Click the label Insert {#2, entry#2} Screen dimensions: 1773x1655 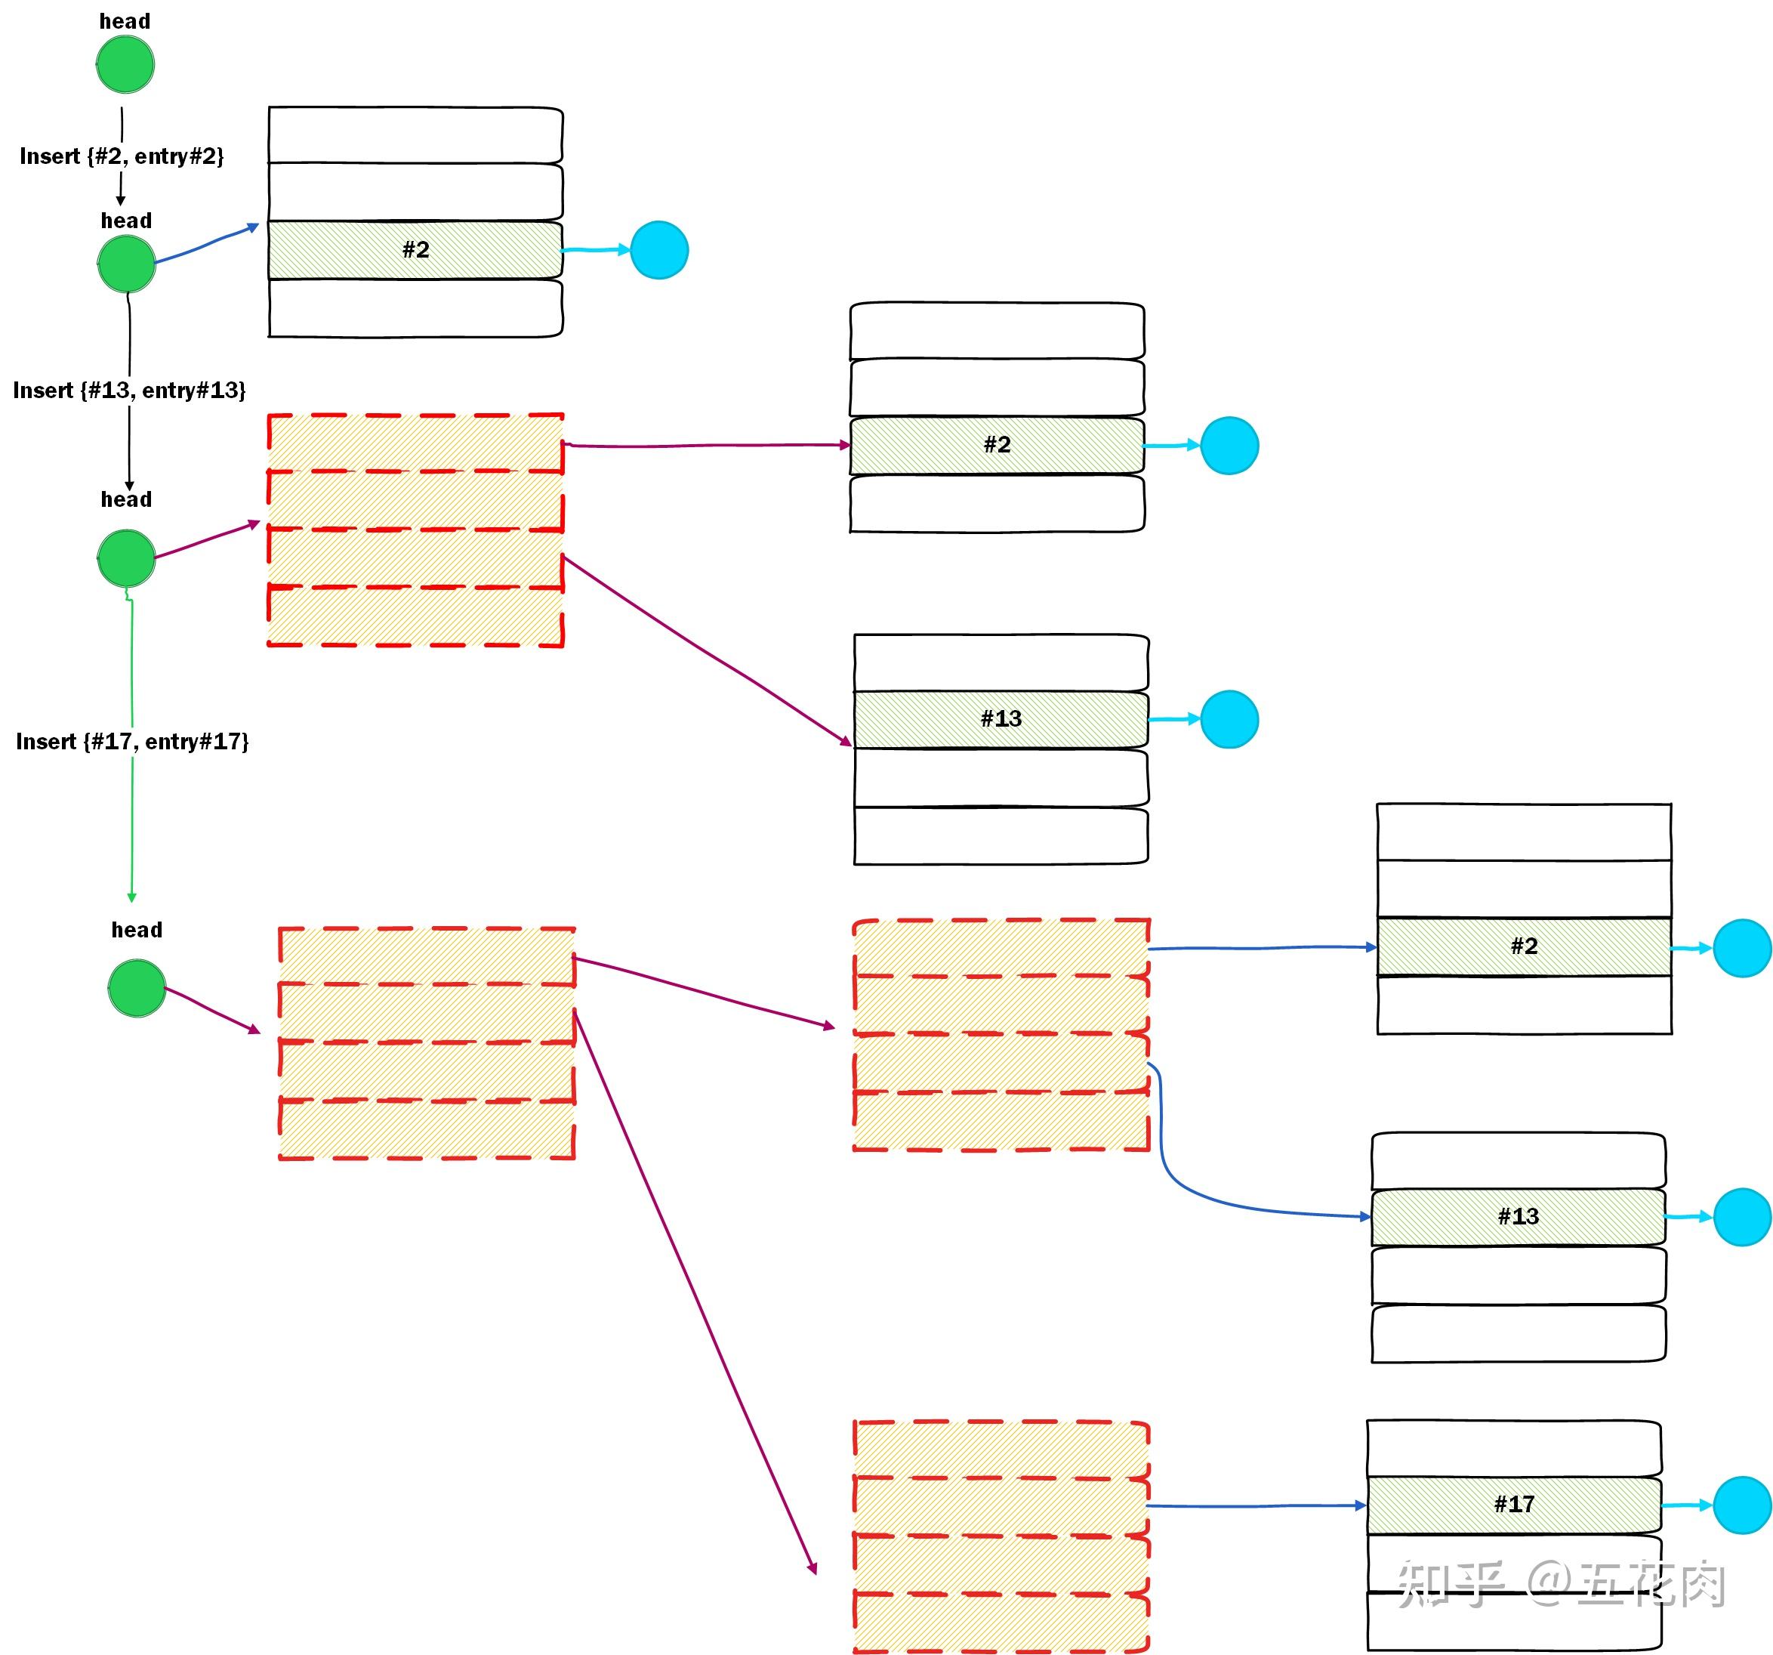click(122, 156)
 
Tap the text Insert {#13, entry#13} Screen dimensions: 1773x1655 click(129, 390)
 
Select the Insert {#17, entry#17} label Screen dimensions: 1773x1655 click(132, 742)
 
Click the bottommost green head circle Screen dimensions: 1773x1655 click(137, 988)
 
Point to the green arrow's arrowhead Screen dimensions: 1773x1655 click(132, 896)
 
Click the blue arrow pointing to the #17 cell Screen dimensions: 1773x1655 click(1256, 1506)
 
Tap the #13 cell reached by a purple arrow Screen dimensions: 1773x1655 click(1001, 719)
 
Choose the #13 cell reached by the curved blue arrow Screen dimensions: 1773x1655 click(1518, 1217)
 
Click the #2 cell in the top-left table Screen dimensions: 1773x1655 click(415, 250)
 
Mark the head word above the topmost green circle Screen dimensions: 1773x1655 click(125, 21)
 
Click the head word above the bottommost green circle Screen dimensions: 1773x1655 click(137, 930)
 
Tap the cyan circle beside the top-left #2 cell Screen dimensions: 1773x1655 click(659, 250)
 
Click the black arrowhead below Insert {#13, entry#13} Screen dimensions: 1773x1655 click(129, 486)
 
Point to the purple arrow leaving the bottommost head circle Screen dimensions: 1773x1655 click(212, 1011)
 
